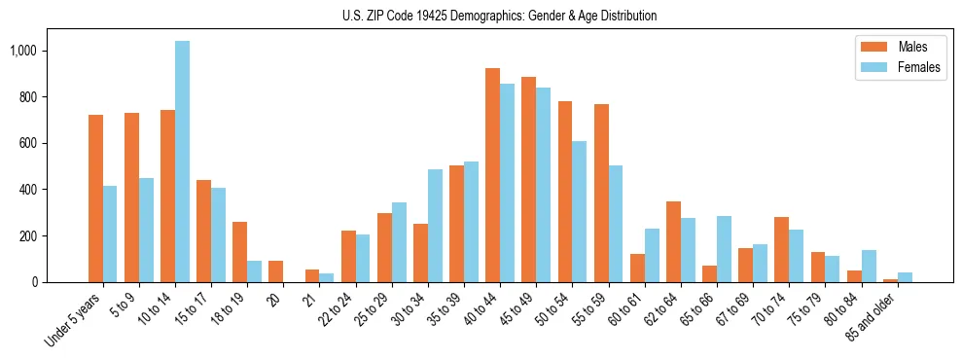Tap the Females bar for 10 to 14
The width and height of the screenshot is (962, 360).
click(x=182, y=162)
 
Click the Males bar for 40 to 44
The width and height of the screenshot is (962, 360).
click(x=492, y=175)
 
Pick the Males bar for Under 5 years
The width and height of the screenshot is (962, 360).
click(x=95, y=198)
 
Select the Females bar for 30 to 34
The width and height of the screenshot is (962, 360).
click(x=435, y=226)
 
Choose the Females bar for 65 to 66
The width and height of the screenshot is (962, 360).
click(x=723, y=249)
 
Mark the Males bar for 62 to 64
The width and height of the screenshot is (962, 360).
click(x=672, y=241)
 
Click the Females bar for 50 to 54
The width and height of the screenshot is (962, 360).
click(x=579, y=211)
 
